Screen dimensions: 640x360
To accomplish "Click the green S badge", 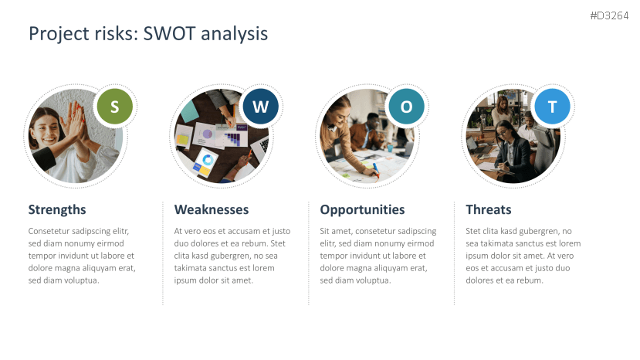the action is (x=115, y=107).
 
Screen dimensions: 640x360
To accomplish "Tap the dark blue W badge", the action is (x=260, y=107).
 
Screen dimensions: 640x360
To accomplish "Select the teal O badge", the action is (x=406, y=107).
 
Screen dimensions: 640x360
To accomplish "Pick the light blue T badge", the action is (x=552, y=107).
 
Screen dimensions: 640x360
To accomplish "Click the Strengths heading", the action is (x=57, y=209).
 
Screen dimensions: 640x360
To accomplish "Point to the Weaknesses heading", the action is (x=212, y=209).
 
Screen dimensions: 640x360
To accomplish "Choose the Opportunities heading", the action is (x=362, y=210).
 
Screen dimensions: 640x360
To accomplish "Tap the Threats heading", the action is (x=489, y=209).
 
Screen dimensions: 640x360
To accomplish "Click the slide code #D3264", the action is (x=609, y=16).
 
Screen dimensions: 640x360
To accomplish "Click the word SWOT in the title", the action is (x=169, y=33).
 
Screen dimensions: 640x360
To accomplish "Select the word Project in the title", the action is (x=59, y=34).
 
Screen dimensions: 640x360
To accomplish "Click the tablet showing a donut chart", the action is (x=205, y=162).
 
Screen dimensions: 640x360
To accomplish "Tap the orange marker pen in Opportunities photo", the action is (x=376, y=171).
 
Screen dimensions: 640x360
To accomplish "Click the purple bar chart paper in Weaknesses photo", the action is (x=232, y=137).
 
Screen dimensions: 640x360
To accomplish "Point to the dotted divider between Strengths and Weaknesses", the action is (x=163, y=253).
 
